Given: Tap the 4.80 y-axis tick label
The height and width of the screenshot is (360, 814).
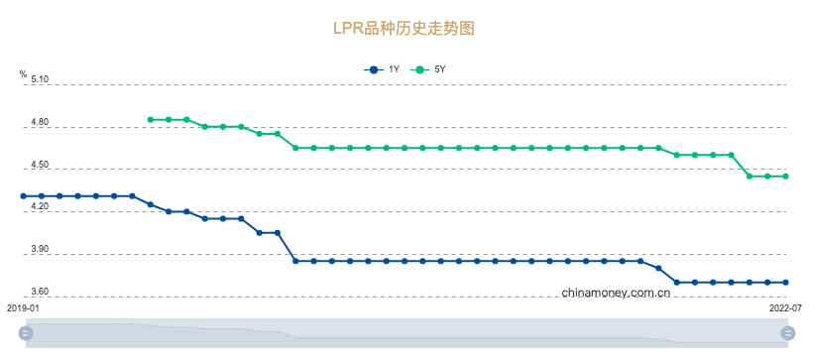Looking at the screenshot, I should point(40,123).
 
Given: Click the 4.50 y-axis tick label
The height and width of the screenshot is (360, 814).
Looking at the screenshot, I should point(40,165).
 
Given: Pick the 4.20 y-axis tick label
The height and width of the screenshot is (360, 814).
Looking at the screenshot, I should point(40,207).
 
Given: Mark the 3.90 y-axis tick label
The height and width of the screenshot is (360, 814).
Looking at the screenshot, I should point(40,250).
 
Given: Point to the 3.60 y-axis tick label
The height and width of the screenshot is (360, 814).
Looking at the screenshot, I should point(40,292).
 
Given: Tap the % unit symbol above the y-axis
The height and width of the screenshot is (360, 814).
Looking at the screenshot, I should point(23,74).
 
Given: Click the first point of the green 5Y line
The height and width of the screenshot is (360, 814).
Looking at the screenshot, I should point(150,119).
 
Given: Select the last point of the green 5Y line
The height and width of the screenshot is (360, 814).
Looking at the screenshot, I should point(786,177).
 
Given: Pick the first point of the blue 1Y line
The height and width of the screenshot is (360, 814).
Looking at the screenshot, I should point(24,196).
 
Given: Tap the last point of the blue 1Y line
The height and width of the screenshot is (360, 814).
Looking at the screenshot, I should point(786,283).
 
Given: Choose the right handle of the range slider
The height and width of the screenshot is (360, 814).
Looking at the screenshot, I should point(787,333).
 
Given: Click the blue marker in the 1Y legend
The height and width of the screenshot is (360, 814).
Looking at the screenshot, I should point(373,69).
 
